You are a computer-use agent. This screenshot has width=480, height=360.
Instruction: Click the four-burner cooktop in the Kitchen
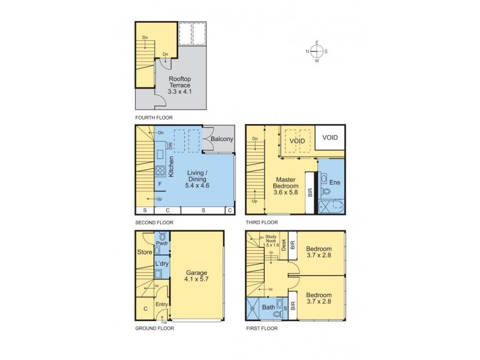pyautogui.click(x=161, y=170)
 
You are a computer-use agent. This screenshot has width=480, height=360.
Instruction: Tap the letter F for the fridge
pyautogui.click(x=160, y=184)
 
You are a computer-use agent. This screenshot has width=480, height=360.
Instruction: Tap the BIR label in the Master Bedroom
pyautogui.click(x=310, y=193)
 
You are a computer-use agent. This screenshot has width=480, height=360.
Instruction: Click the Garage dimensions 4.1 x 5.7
pyautogui.click(x=197, y=280)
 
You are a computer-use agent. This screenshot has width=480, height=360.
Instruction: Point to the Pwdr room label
pyautogui.click(x=161, y=244)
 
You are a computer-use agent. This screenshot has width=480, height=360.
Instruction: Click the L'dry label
pyautogui.click(x=161, y=263)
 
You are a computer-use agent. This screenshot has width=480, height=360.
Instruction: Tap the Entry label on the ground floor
pyautogui.click(x=161, y=305)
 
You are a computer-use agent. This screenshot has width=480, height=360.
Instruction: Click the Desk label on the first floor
pyautogui.click(x=284, y=245)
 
